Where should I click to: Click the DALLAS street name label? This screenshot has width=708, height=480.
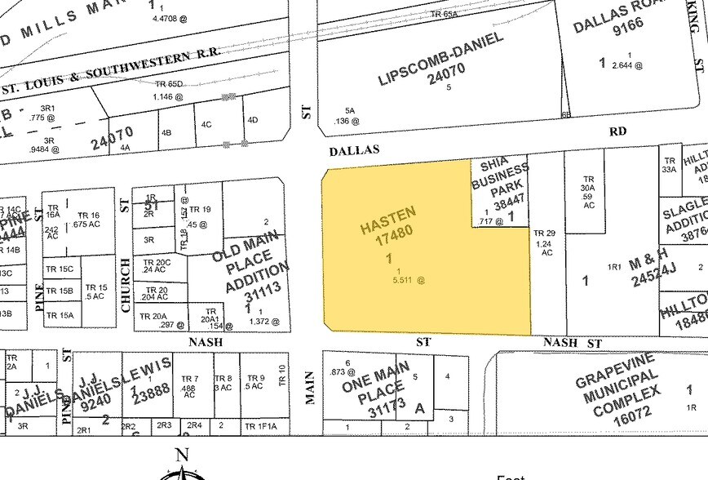pyautogui.click(x=355, y=150)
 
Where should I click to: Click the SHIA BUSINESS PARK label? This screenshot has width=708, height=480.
pyautogui.click(x=499, y=178)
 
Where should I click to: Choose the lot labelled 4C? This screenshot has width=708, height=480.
pyautogui.click(x=206, y=125)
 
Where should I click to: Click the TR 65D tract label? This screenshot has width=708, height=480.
pyautogui.click(x=168, y=83)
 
